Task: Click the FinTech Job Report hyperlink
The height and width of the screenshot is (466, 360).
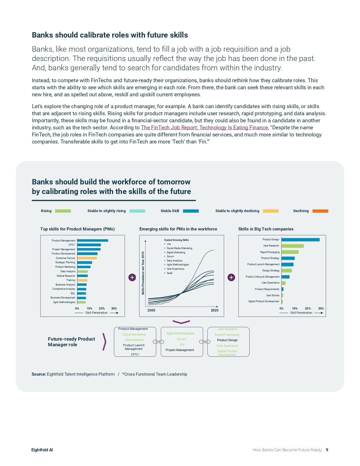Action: tap(204, 128)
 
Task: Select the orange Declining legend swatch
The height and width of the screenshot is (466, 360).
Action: tap(320, 211)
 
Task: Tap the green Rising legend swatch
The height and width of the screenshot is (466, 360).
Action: tap(63, 211)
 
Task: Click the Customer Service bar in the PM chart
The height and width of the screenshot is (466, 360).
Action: tap(87, 258)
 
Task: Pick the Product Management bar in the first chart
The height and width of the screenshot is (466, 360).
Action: tap(93, 241)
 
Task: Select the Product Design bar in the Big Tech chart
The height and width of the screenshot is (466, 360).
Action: tap(300, 240)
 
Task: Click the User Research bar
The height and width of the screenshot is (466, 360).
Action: tap(293, 246)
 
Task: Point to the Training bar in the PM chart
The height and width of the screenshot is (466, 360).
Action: tap(82, 280)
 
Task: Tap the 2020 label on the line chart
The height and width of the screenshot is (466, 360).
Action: tap(215, 310)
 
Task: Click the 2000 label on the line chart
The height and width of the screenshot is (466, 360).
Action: tap(151, 310)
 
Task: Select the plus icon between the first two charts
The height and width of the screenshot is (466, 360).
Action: tap(132, 277)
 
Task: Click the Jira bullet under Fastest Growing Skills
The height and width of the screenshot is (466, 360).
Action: tap(169, 244)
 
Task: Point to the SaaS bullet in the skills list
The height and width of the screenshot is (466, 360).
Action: tap(169, 273)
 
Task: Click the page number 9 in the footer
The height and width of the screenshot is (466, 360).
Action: tap(327, 450)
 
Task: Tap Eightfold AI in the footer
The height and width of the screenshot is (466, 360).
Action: tap(42, 450)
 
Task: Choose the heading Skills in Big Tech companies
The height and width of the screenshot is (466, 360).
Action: tap(266, 229)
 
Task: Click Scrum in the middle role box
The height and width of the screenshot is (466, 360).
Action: tap(181, 339)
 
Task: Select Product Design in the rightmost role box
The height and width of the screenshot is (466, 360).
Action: tap(227, 340)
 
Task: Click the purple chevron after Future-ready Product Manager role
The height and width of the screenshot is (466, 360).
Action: tap(104, 342)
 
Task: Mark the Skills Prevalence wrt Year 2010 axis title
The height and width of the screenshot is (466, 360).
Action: tap(143, 273)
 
